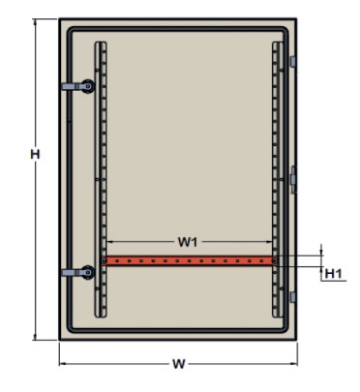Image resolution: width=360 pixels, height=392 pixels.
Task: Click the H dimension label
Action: [x=35, y=154]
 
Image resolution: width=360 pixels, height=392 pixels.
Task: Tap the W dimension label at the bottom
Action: [x=179, y=364]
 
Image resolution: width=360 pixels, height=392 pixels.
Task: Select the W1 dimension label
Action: [x=188, y=242]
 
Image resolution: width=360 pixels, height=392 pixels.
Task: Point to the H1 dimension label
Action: [x=333, y=274]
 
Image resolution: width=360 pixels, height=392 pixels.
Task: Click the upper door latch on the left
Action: [x=78, y=86]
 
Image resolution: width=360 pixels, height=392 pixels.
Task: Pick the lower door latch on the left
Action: [x=78, y=272]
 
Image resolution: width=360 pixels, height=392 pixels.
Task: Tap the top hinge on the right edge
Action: [x=293, y=62]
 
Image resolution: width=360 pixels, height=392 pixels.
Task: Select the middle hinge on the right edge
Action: [x=293, y=179]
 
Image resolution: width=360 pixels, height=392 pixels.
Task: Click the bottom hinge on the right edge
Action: [x=293, y=297]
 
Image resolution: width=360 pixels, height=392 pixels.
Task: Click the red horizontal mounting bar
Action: [x=189, y=260]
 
